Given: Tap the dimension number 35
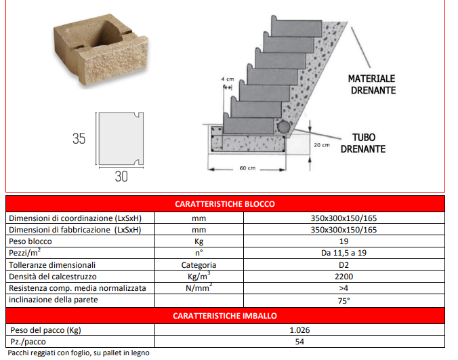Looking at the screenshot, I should click(79, 139).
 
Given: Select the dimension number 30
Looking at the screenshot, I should click(121, 178).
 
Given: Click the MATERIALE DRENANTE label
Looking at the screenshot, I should click(372, 84).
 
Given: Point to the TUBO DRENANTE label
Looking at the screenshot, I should click(363, 143).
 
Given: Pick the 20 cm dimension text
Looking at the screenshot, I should click(322, 146).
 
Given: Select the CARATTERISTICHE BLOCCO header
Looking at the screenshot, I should click(225, 203).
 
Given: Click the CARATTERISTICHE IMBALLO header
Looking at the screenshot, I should click(225, 315).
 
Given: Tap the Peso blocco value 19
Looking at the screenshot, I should click(343, 241).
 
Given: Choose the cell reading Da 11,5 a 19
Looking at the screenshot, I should click(343, 253).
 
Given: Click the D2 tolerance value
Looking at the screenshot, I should click(343, 264).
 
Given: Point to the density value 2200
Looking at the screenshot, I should click(343, 277).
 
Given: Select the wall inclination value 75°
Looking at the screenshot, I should click(343, 300).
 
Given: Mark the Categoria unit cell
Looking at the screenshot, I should click(198, 264).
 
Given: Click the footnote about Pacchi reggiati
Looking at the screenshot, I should click(78, 353).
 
